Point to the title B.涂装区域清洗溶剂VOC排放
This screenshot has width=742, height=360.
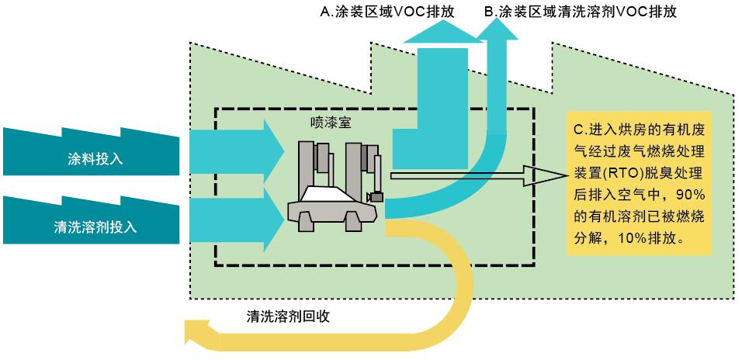pyautogui.click(x=589, y=12)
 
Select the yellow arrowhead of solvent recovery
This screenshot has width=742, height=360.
pyautogui.click(x=200, y=334)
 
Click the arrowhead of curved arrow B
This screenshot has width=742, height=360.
pyautogui.click(x=498, y=29)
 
